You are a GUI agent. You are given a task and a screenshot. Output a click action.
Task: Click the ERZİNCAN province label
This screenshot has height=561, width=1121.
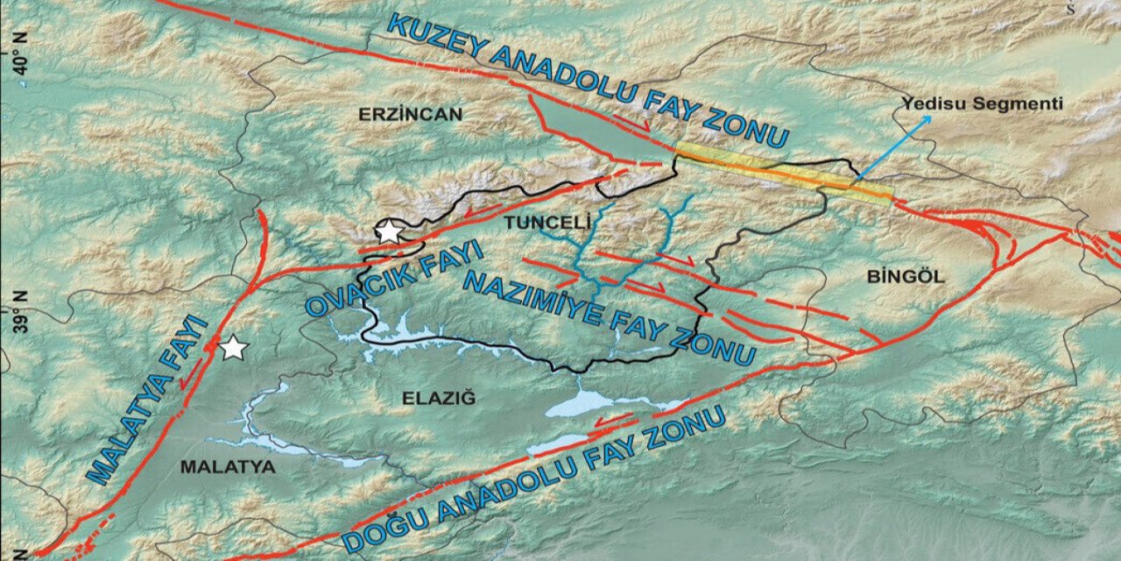(x=410, y=113)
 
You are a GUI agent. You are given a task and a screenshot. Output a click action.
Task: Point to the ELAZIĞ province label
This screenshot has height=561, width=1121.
(x=438, y=399)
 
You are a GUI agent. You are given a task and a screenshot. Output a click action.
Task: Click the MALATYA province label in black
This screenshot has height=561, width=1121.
(x=228, y=467)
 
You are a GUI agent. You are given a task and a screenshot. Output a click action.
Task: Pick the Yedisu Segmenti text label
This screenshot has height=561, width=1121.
(x=982, y=104)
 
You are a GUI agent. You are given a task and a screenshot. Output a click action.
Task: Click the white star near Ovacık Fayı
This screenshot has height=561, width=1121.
(x=387, y=232)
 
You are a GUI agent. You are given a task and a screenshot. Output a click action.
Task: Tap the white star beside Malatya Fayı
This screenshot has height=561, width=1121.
(x=233, y=348)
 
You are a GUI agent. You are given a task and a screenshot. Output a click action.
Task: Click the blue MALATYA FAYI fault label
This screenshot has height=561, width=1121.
(x=149, y=400)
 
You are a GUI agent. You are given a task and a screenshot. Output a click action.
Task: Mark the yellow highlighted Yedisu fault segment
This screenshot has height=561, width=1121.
(x=784, y=174)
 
